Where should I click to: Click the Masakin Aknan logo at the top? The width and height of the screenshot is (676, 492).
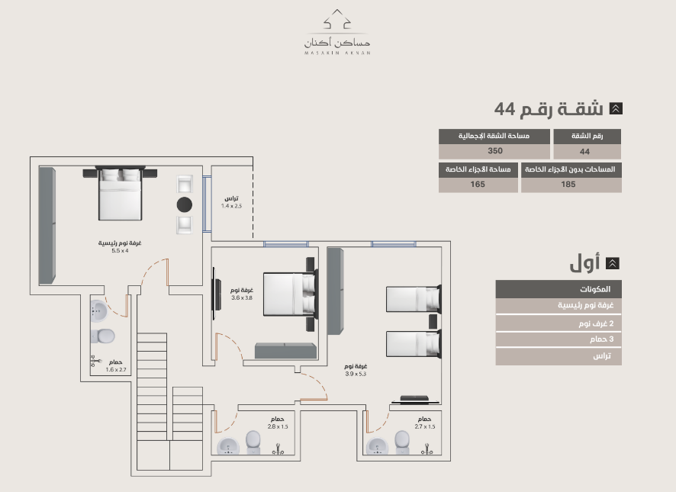pyautogui.click(x=337, y=32)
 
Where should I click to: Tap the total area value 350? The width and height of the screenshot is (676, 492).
pyautogui.click(x=495, y=151)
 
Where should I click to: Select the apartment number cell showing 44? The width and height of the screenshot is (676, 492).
pyautogui.click(x=584, y=152)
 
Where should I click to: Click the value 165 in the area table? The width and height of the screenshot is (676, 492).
pyautogui.click(x=478, y=184)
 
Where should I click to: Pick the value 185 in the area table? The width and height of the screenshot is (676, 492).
pyautogui.click(x=568, y=184)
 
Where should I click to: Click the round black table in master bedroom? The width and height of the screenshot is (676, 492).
pyautogui.click(x=185, y=204)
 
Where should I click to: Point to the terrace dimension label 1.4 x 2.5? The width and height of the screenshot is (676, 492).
pyautogui.click(x=231, y=206)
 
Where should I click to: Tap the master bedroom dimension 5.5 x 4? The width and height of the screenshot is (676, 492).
pyautogui.click(x=120, y=250)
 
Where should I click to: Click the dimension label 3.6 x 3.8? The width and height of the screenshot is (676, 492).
pyautogui.click(x=241, y=297)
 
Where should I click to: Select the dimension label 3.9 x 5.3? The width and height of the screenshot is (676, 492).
pyautogui.click(x=356, y=374)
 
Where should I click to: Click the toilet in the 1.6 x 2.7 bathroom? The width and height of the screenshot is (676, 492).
pyautogui.click(x=102, y=336)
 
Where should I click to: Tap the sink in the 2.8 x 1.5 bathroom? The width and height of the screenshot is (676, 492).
pyautogui.click(x=228, y=446)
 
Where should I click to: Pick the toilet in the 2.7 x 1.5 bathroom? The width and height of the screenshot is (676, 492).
pyautogui.click(x=402, y=442)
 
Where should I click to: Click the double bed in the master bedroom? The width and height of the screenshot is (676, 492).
pyautogui.click(x=120, y=193)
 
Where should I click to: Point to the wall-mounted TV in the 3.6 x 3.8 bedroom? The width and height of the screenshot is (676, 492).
pyautogui.click(x=216, y=294)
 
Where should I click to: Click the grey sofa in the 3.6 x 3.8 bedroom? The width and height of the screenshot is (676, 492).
pyautogui.click(x=285, y=351)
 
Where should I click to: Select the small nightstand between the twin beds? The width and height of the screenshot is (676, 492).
pyautogui.click(x=433, y=322)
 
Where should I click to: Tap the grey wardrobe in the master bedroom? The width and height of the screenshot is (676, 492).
pyautogui.click(x=47, y=226)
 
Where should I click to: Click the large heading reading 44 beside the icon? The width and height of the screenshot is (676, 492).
pyautogui.click(x=504, y=109)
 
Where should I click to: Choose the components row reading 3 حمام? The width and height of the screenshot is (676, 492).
pyautogui.click(x=559, y=339)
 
